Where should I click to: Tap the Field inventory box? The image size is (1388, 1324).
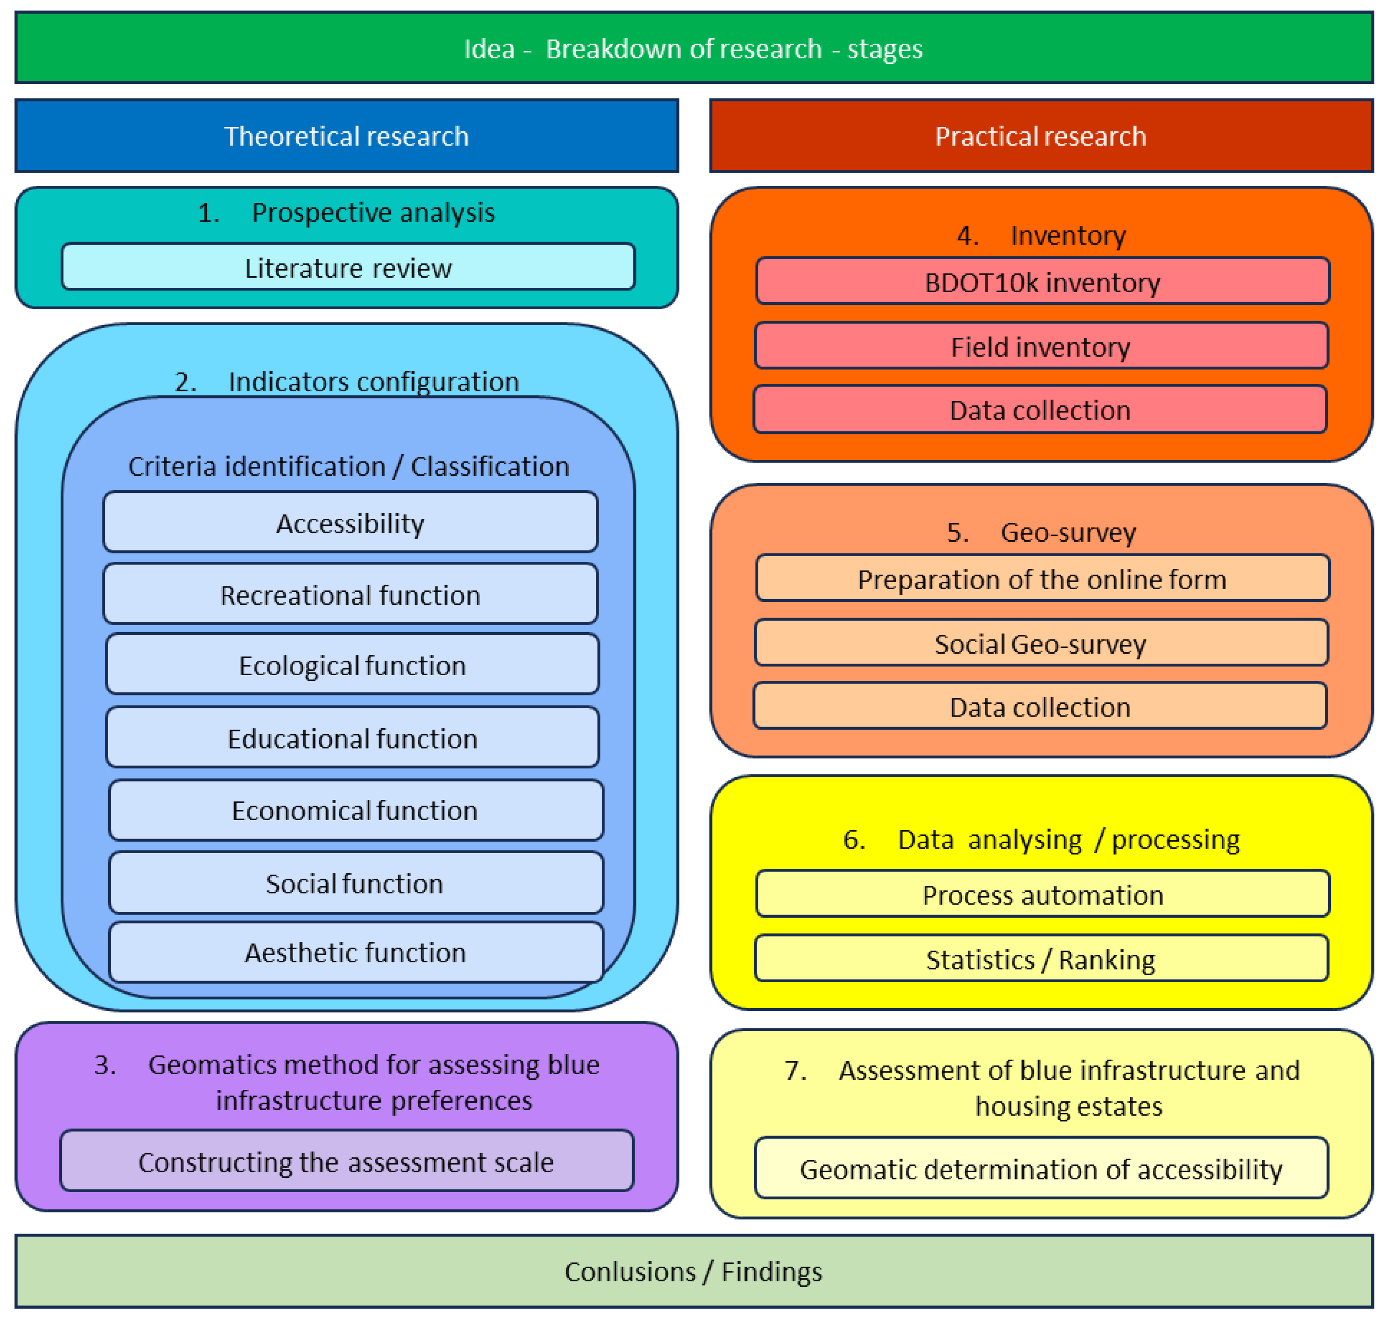[1041, 347]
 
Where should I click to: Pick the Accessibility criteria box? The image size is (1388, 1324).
[350, 523]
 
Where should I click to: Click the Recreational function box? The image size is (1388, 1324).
[350, 595]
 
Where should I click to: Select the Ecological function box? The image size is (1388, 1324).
[352, 666]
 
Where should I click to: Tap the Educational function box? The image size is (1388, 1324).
[352, 738]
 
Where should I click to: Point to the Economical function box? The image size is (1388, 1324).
[355, 810]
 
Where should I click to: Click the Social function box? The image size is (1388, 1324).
[355, 883]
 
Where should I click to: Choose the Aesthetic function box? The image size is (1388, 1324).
[355, 952]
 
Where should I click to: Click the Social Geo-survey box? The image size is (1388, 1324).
[1041, 644]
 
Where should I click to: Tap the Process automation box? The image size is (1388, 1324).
[1042, 894]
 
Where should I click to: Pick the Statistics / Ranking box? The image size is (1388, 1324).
[1041, 959]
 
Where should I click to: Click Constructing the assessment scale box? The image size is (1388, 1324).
[346, 1161]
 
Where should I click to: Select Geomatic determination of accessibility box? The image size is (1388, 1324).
[1041, 1169]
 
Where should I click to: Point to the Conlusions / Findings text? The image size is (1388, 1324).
[693, 1271]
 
